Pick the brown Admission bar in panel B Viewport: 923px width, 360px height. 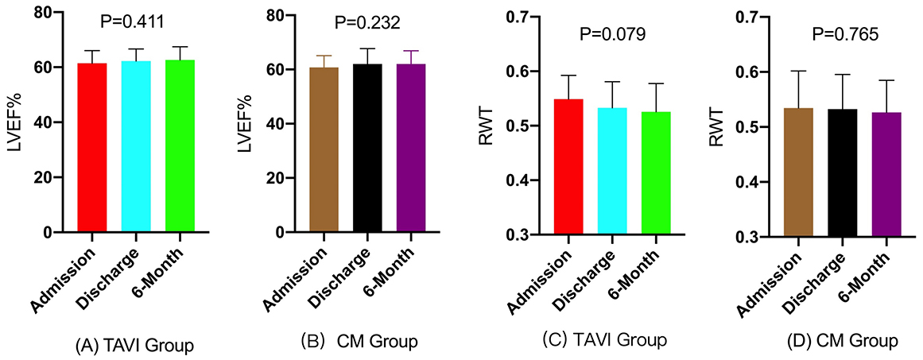click(x=324, y=150)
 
